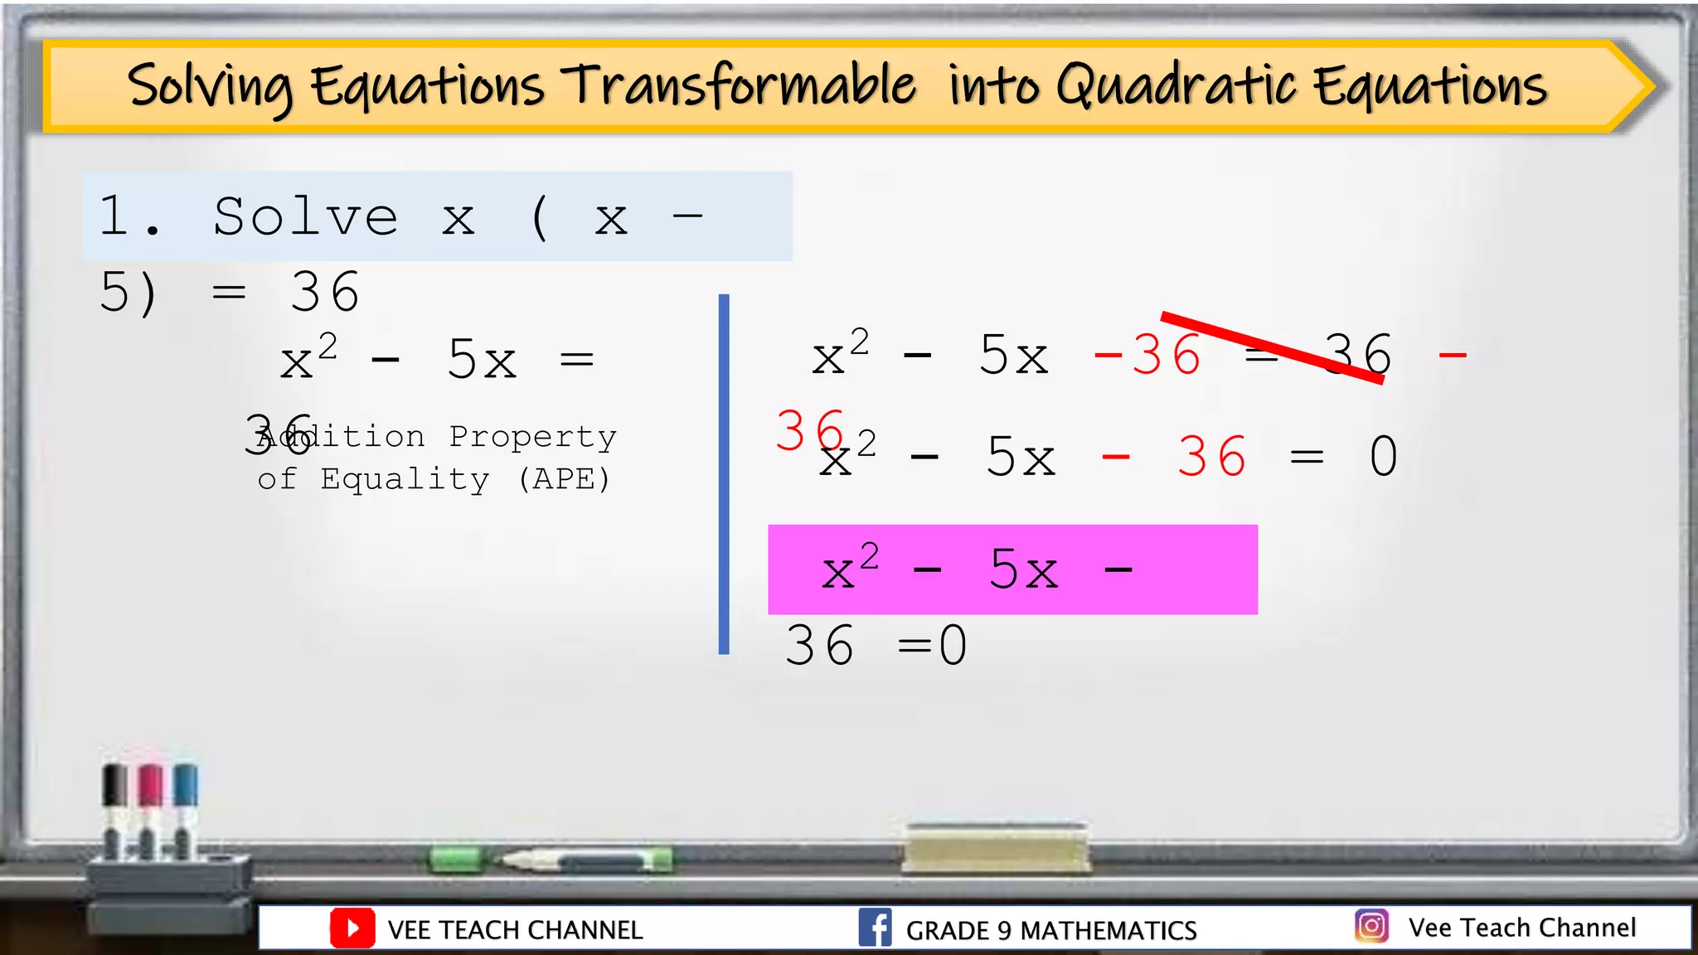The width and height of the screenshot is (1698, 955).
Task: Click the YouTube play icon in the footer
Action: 352,928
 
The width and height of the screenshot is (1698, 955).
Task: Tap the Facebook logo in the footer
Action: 875,928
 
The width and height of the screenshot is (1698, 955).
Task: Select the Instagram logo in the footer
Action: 1371,926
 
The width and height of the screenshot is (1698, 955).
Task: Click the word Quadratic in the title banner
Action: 1176,86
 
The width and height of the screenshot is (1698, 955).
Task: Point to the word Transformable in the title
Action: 739,86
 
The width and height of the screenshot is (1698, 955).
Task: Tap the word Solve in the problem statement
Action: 305,217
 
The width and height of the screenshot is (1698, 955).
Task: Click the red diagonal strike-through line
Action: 1272,347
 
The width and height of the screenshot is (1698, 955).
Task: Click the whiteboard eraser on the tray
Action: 995,848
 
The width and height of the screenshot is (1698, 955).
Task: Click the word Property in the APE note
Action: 532,437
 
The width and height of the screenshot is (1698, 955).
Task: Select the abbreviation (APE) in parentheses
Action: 564,479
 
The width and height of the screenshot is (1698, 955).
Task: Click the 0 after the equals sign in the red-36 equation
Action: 1383,457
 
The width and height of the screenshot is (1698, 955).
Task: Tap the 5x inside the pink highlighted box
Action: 1023,570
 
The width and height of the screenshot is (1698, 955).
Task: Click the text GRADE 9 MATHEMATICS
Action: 1050,930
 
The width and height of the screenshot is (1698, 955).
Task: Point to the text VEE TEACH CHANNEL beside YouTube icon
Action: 515,930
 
